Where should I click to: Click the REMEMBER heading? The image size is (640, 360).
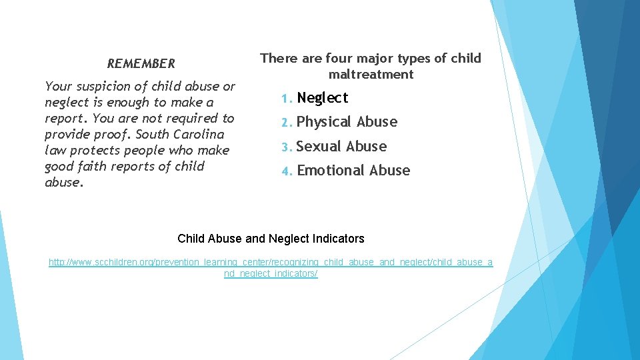click(x=141, y=64)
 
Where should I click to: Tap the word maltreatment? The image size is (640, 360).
click(x=371, y=75)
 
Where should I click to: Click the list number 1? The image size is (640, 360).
click(x=285, y=99)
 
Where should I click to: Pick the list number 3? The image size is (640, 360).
click(x=285, y=147)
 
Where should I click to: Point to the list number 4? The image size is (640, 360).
click(x=285, y=171)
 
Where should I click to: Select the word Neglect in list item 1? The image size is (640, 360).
click(x=323, y=98)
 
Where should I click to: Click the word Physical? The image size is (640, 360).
click(x=324, y=123)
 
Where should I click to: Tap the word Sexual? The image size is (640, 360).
click(x=319, y=147)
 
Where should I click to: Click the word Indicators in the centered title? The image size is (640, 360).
click(x=339, y=239)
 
